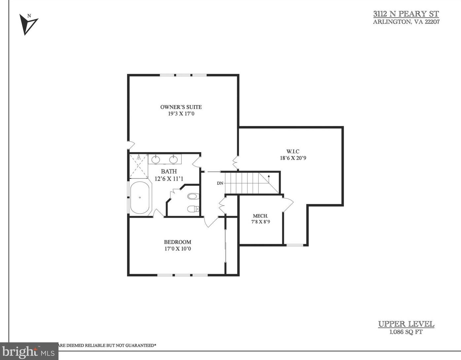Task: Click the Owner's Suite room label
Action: click(x=181, y=107)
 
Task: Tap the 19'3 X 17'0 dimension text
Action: click(x=181, y=114)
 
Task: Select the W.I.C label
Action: click(x=293, y=151)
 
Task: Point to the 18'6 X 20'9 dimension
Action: click(x=293, y=158)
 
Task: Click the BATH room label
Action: click(x=169, y=171)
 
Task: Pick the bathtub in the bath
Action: click(x=140, y=198)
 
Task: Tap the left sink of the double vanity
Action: click(x=156, y=159)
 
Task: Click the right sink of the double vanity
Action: click(x=173, y=159)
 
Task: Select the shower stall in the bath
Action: click(x=139, y=166)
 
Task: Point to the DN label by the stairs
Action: click(x=220, y=183)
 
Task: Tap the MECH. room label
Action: click(x=260, y=216)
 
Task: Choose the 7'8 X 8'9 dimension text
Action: click(x=260, y=222)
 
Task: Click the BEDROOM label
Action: click(x=178, y=242)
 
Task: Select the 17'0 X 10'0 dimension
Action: click(x=178, y=249)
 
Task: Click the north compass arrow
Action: click(x=28, y=24)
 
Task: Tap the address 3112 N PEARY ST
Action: click(x=406, y=14)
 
